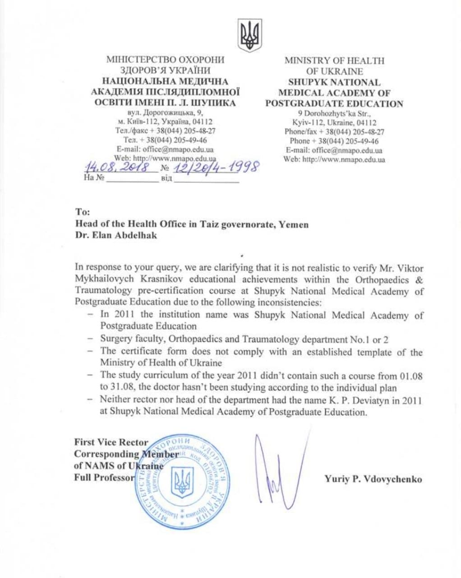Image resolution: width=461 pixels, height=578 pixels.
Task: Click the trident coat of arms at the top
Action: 249,36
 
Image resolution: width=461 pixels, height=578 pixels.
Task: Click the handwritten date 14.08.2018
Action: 117,168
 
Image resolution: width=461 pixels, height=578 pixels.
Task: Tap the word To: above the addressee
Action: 83,212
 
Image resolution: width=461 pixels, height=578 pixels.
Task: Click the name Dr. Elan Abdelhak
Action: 116,235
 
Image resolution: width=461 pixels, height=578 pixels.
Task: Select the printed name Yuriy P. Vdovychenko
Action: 373,479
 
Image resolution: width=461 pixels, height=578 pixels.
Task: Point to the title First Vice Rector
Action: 111,443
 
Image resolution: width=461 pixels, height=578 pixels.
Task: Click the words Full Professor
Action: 104,478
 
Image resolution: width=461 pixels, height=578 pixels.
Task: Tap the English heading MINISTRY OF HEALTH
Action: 334,61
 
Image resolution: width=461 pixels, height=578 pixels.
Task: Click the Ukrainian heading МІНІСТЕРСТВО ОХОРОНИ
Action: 165,60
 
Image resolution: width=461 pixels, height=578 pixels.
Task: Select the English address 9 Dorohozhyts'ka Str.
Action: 334,113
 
